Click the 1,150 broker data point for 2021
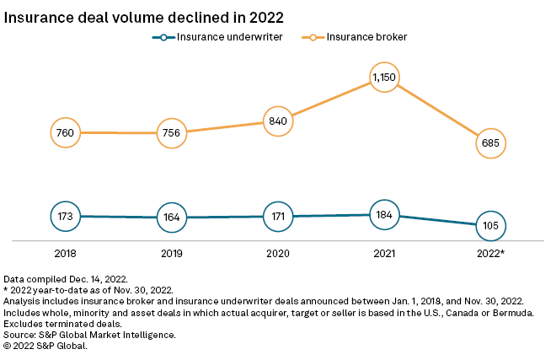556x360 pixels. (x=384, y=78)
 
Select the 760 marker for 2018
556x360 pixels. (x=66, y=132)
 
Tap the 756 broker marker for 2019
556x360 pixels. (x=172, y=132)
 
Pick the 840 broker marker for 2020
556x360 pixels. (x=278, y=121)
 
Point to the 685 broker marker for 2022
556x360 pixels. (x=490, y=143)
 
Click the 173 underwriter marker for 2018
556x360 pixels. (x=66, y=216)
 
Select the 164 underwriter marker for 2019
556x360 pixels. (x=172, y=218)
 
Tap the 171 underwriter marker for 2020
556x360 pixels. (x=278, y=217)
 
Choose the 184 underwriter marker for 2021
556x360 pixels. (x=384, y=214)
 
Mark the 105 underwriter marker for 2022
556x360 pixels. (x=490, y=226)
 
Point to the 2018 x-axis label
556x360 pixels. (x=66, y=252)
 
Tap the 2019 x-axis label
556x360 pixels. (x=172, y=252)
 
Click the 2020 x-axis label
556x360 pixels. (x=278, y=252)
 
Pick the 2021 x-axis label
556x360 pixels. (x=384, y=252)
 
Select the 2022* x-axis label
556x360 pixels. (x=490, y=252)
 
